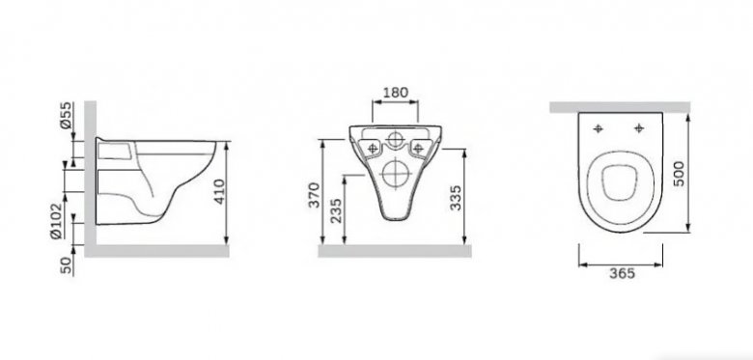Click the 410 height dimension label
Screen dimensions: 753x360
[x=219, y=191]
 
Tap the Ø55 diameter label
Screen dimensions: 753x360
[x=66, y=115]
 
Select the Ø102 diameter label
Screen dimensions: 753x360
[x=56, y=220]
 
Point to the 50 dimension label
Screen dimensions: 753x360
[x=67, y=265]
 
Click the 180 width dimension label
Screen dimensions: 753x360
[x=395, y=92]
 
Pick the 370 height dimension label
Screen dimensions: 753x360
[x=314, y=194]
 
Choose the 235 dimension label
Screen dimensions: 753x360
[x=337, y=210]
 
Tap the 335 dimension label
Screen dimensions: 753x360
[x=456, y=197]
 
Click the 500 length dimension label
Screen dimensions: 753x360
[x=678, y=174]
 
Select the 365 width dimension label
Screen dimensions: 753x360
[x=622, y=273]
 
